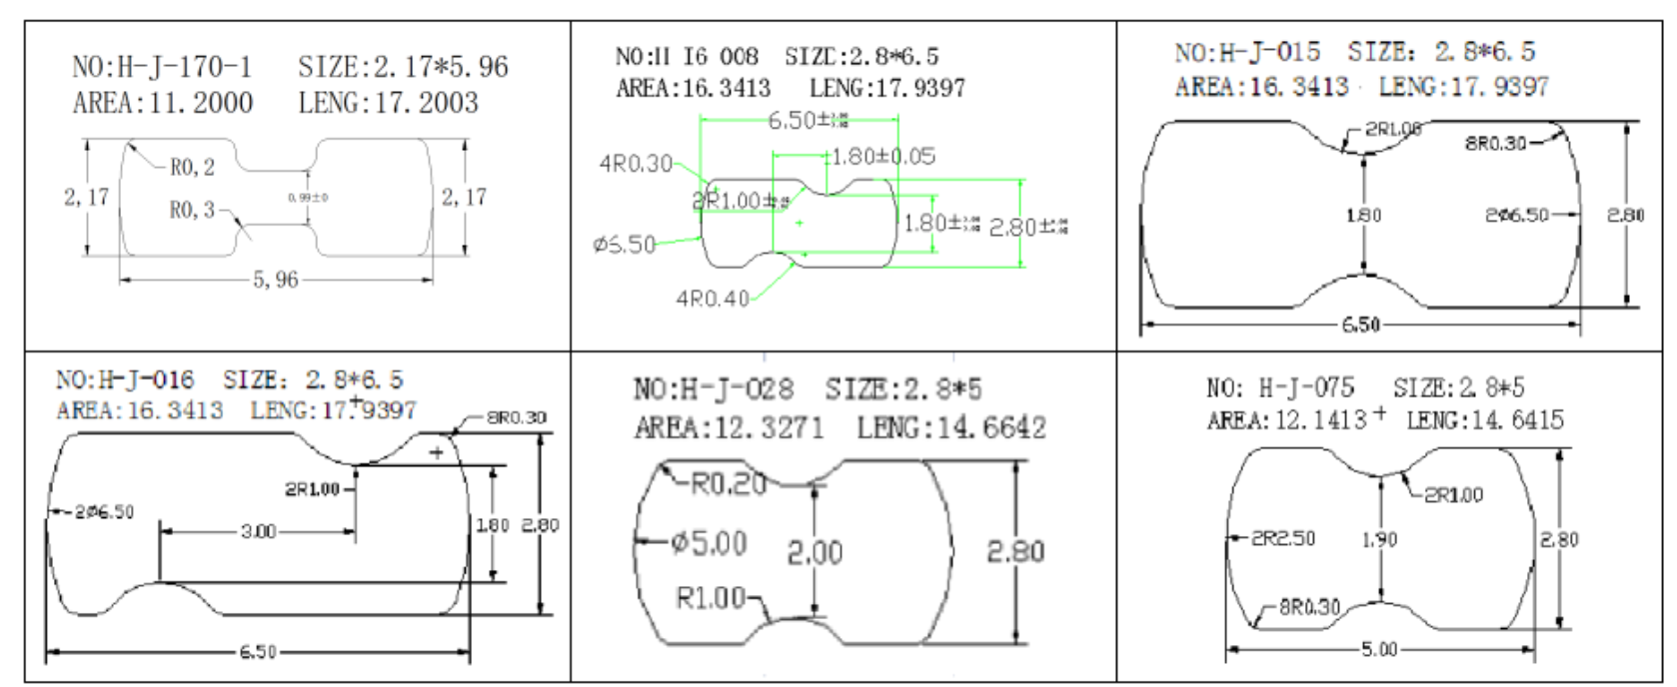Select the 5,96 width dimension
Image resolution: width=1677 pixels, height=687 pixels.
275,281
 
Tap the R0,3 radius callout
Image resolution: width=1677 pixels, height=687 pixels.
192,210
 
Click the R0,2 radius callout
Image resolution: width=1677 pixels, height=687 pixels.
192,168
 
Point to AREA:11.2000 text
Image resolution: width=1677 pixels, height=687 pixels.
162,103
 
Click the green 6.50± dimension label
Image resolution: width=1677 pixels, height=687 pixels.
807,121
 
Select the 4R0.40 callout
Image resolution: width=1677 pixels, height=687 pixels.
712,299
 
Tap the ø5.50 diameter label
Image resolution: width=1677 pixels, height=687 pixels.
625,245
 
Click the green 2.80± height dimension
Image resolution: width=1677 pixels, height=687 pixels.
1027,228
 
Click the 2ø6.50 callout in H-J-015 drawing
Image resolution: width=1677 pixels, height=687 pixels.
1516,215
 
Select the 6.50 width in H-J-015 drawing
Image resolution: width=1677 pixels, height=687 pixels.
1360,325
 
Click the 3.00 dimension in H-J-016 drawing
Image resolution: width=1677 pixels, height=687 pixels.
258,531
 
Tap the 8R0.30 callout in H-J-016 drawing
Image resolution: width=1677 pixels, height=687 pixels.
516,417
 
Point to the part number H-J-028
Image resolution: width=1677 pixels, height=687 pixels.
715,388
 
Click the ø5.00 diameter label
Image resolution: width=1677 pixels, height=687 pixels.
709,543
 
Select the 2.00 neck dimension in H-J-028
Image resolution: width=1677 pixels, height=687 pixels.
815,551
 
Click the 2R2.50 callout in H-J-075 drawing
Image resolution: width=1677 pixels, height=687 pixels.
1283,538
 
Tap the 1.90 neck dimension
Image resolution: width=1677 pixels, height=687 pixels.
1379,539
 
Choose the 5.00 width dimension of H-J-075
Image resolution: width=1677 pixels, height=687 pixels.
1379,649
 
